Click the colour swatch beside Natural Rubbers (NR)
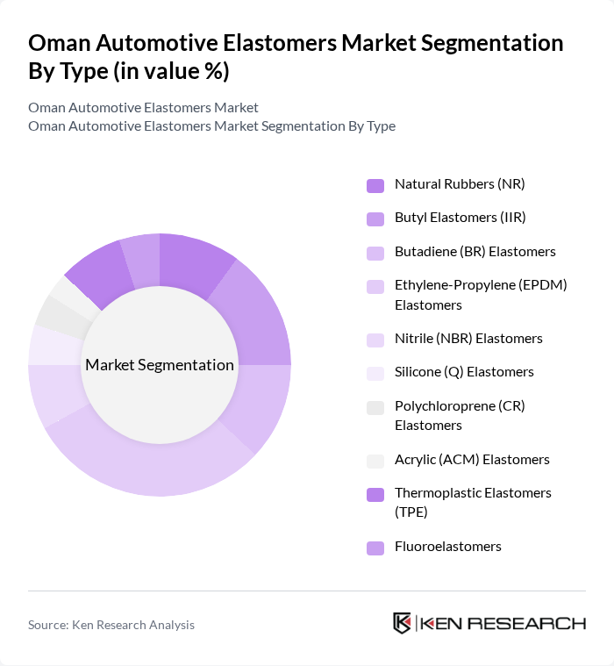click(x=375, y=185)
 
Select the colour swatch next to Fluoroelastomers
click(x=375, y=548)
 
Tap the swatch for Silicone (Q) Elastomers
click(x=375, y=373)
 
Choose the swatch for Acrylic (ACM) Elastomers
click(x=375, y=461)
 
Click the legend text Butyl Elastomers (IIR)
click(x=460, y=218)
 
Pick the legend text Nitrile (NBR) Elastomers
click(x=468, y=339)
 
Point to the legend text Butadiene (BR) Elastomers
click(x=475, y=252)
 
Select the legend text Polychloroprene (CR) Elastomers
click(x=460, y=416)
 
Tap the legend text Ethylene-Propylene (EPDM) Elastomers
click(x=481, y=295)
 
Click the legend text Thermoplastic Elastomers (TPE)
click(x=473, y=502)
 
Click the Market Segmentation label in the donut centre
click(x=160, y=365)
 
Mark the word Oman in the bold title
click(x=59, y=43)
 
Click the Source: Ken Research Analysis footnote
click(x=111, y=625)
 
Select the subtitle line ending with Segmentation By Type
click(x=211, y=125)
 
